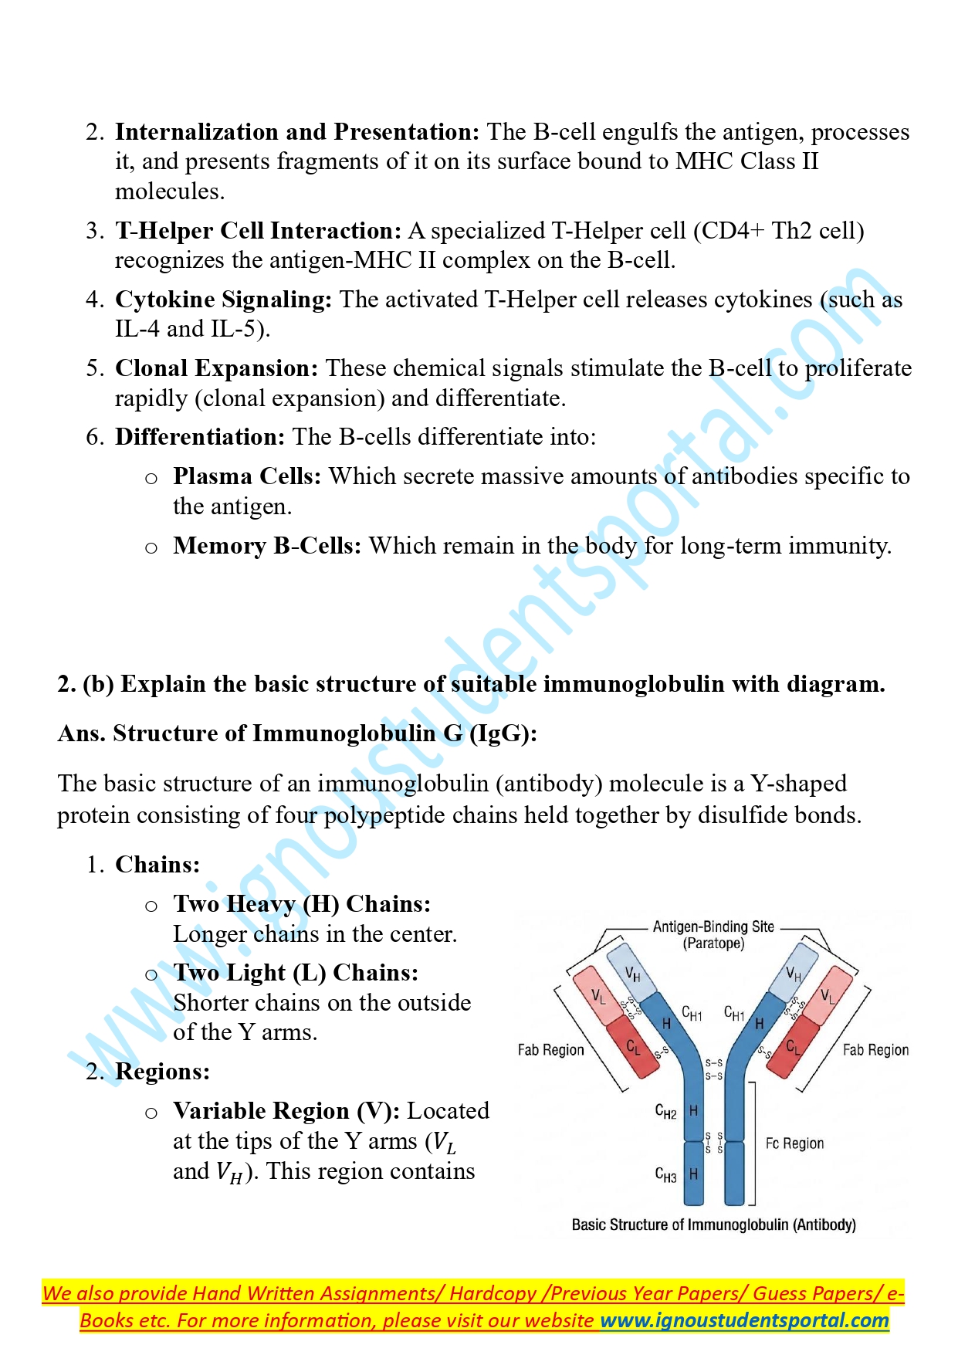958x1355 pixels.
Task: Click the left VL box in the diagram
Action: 596,996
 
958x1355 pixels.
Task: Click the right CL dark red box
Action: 793,1048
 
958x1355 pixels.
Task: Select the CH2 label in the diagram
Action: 665,1112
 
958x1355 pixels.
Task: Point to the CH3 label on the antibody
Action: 665,1175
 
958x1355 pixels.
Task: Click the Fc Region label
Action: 794,1143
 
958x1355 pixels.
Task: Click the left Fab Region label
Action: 550,1050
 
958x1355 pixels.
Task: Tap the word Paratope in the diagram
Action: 713,943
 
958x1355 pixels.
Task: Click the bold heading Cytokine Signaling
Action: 223,300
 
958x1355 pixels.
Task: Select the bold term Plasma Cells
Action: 246,476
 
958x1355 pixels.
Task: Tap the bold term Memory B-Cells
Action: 266,546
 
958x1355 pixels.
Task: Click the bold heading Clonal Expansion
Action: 216,368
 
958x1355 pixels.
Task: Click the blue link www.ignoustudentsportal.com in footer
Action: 744,1320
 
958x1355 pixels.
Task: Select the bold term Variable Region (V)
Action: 286,1111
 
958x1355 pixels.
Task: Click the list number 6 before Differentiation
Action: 95,438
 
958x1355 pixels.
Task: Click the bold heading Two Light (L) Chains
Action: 295,973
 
